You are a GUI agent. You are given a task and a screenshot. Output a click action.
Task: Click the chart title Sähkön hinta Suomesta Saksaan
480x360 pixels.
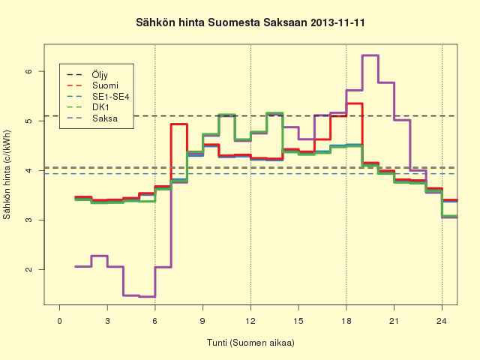tap(222, 23)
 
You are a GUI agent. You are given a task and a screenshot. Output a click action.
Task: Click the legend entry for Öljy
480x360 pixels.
tap(87, 75)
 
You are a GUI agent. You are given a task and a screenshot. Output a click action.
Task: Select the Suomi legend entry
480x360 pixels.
tap(92, 85)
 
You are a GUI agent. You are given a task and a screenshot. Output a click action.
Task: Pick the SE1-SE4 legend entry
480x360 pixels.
tap(98, 97)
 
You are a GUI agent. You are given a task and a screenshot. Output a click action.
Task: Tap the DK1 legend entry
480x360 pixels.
tap(88, 107)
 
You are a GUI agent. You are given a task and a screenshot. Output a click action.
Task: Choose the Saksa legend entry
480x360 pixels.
tap(92, 118)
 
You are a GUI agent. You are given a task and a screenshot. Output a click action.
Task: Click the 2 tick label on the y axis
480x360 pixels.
tap(28, 270)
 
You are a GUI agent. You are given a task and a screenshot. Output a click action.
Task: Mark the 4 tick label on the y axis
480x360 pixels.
tap(28, 170)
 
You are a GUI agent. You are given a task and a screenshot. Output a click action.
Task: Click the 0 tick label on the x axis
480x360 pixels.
tap(59, 321)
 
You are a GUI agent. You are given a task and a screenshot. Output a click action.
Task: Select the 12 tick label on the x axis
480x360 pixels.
tap(250, 321)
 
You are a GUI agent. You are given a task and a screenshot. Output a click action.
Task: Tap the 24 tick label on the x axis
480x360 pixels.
tap(442, 321)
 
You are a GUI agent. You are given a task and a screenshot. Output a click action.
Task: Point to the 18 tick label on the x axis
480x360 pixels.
tap(346, 321)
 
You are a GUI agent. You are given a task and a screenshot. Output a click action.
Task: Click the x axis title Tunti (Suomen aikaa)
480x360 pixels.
tap(250, 343)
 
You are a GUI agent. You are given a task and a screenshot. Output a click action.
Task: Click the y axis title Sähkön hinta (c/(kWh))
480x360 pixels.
tap(7, 175)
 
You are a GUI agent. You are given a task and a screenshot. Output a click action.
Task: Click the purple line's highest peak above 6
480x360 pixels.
tap(370, 55)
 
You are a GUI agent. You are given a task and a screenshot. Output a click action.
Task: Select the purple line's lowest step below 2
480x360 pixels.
tap(147, 297)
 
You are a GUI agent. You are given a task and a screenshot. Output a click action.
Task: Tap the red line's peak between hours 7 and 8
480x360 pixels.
tap(179, 124)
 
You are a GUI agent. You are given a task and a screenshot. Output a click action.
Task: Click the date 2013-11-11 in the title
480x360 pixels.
tap(337, 23)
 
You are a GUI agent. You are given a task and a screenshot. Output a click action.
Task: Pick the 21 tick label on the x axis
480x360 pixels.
tap(394, 321)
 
